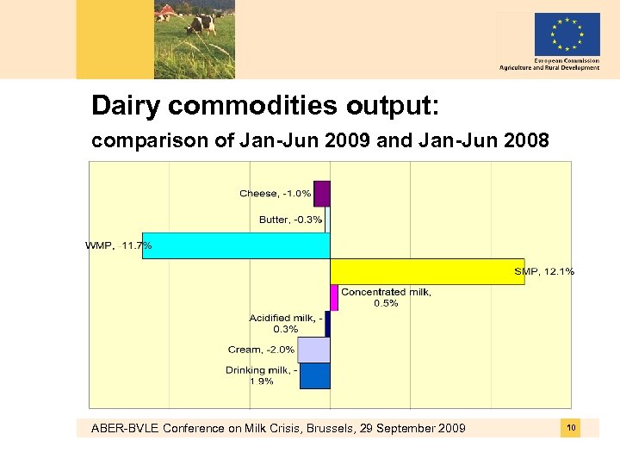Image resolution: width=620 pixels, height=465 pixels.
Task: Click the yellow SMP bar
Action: [x=427, y=271]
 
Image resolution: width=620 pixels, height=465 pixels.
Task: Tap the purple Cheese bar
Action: [x=322, y=194]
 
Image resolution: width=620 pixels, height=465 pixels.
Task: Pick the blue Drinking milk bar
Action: [x=315, y=375]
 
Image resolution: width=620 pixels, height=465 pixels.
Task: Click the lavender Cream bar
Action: [x=314, y=350]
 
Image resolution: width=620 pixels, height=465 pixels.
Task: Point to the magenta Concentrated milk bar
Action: [x=334, y=297]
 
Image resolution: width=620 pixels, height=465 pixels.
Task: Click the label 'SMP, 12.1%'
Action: [x=544, y=272]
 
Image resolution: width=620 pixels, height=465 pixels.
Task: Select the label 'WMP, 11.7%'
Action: [x=119, y=245]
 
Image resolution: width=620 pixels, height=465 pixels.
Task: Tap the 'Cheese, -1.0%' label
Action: [x=275, y=194]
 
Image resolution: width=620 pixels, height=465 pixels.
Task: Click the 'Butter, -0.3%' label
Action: [x=290, y=220]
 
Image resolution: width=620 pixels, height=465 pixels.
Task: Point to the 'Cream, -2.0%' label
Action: [x=261, y=350]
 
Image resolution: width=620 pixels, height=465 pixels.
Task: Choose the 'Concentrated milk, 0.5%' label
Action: [x=386, y=297]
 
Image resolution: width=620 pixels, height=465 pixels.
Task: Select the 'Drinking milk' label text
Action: [x=262, y=375]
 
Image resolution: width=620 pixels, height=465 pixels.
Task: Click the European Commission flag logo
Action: [x=567, y=34]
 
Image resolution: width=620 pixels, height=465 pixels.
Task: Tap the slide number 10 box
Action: [x=571, y=428]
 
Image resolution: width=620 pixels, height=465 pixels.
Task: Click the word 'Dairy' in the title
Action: [x=127, y=106]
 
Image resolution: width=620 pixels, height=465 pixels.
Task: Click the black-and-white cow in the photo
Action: [x=201, y=22]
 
